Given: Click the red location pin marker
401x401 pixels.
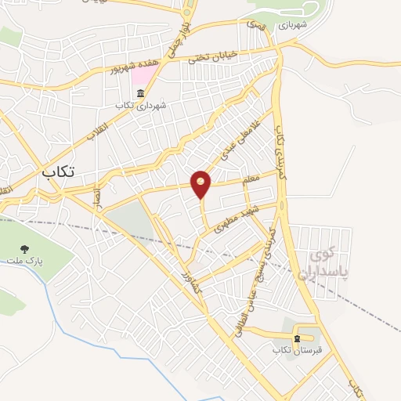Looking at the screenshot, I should [x=201, y=184].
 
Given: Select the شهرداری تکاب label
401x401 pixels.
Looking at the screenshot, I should [x=140, y=105].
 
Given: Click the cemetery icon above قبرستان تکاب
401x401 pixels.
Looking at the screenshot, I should [x=296, y=339].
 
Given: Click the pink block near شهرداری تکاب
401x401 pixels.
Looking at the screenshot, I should [x=143, y=76].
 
